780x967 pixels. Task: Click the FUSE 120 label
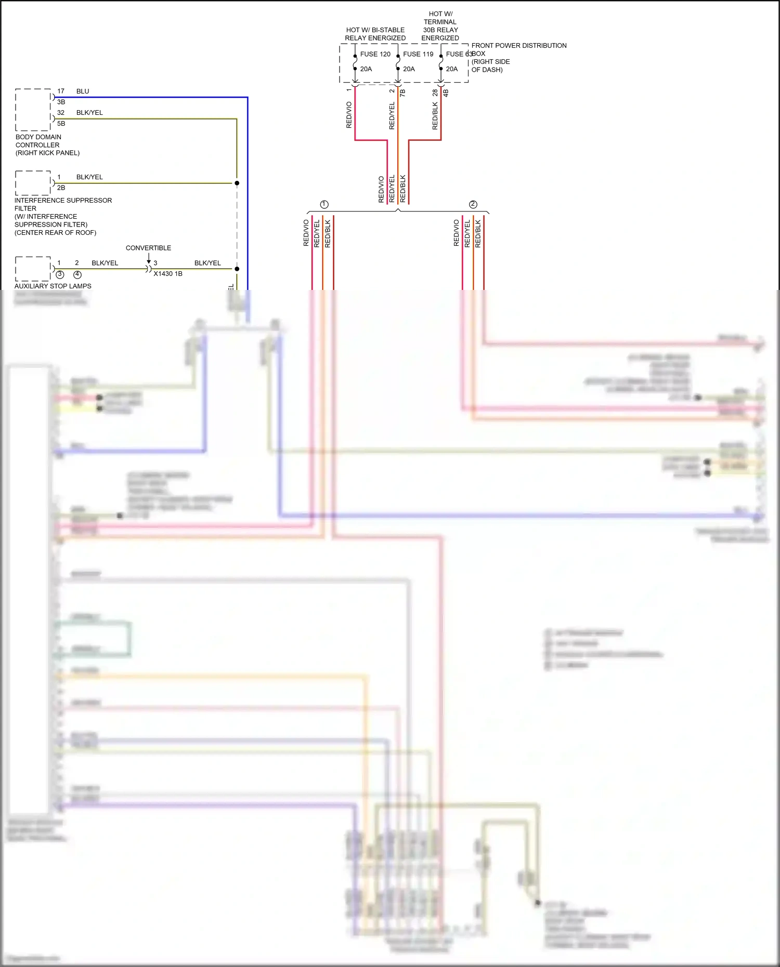(375, 54)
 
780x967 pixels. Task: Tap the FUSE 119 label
(418, 54)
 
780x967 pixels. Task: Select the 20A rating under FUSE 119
(409, 69)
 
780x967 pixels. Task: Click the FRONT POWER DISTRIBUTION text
(518, 46)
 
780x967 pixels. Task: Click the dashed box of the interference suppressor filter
(33, 183)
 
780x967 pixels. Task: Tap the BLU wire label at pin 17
(83, 91)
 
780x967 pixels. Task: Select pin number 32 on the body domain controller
(61, 113)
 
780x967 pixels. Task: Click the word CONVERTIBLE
(148, 248)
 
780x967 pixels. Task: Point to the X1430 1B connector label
(168, 274)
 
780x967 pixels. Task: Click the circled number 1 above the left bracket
(324, 204)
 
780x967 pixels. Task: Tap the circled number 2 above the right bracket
(473, 204)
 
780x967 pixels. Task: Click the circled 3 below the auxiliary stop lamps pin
(60, 274)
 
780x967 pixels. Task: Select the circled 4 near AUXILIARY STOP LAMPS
(77, 274)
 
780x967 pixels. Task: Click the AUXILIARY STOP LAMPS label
(53, 286)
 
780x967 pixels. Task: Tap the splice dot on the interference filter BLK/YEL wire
(237, 183)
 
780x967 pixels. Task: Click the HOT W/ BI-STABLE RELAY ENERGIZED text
(375, 34)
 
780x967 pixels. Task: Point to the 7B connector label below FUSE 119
(402, 93)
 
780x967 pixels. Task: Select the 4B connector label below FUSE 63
(446, 93)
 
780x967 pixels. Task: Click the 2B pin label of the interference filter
(61, 188)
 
